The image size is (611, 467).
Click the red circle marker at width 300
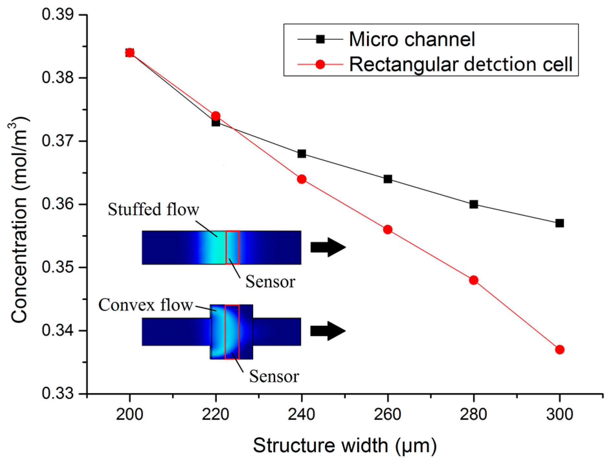click(560, 350)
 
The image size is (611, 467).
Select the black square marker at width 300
click(560, 223)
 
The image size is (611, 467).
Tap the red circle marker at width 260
click(387, 229)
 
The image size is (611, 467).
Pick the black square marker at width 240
click(302, 154)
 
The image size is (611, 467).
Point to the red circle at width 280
click(473, 280)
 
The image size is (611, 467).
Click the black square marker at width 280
click(473, 204)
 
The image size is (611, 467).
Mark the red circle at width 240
click(302, 179)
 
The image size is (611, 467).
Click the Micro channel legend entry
click(411, 39)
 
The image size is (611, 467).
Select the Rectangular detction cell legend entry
click(461, 64)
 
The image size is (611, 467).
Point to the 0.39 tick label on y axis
click(58, 15)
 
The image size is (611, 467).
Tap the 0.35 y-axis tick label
click(58, 268)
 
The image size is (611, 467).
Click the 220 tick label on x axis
click(216, 414)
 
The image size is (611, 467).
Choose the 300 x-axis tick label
click(560, 414)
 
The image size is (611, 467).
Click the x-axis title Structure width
click(345, 445)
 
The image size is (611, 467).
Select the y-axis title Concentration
click(19, 220)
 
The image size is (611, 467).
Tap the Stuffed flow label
click(153, 209)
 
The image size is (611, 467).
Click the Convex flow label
click(146, 305)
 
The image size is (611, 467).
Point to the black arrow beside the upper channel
click(328, 247)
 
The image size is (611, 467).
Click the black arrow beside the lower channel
click(328, 331)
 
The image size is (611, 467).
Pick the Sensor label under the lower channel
click(274, 376)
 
